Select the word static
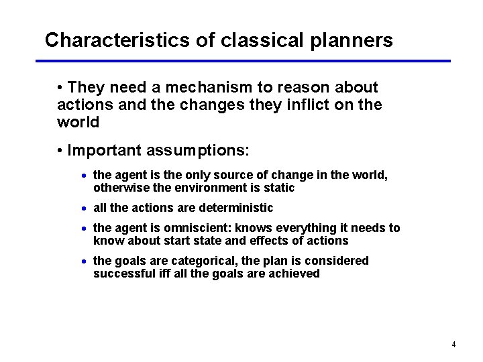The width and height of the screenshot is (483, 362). tap(278, 188)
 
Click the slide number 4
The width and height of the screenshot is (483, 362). tap(453, 345)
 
